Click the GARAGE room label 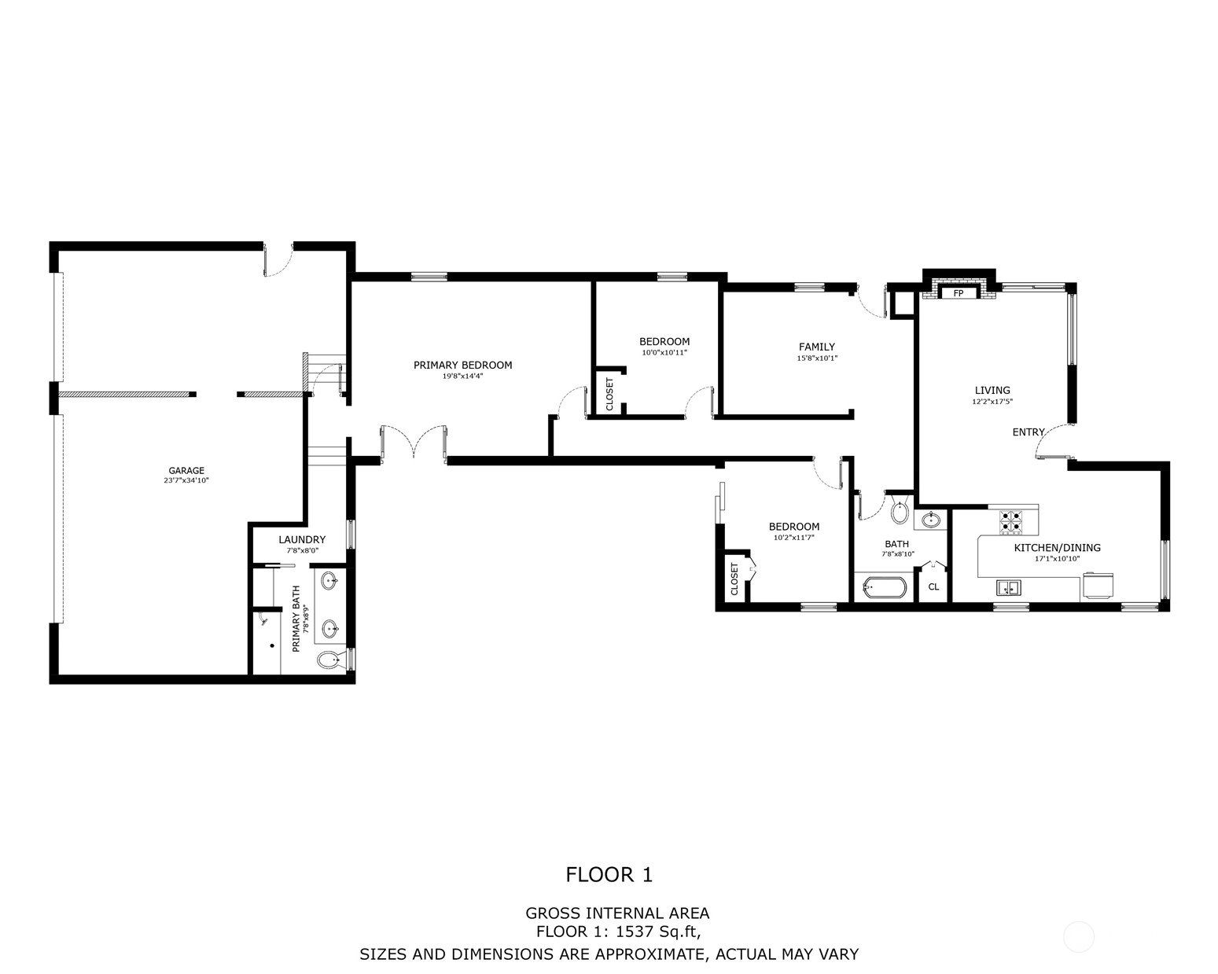[x=186, y=470]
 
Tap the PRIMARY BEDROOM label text [x=462, y=366]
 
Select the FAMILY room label [x=817, y=347]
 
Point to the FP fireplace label [x=959, y=293]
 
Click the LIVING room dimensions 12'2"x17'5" [x=992, y=401]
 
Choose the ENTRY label [x=1028, y=432]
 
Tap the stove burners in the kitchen [x=1010, y=522]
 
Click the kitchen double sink [x=1007, y=589]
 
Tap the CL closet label [x=933, y=587]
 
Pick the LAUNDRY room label [x=302, y=540]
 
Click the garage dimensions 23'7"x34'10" [x=186, y=480]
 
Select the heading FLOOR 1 [x=609, y=874]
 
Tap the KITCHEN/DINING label [x=1057, y=548]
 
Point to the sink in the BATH [x=930, y=519]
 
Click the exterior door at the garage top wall [x=278, y=261]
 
